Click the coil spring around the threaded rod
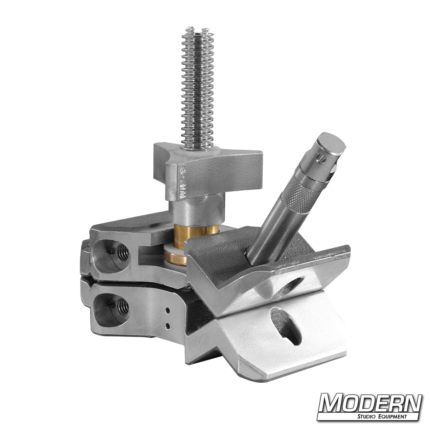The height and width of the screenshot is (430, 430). (197, 89)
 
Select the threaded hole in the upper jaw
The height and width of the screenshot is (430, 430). (123, 252)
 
